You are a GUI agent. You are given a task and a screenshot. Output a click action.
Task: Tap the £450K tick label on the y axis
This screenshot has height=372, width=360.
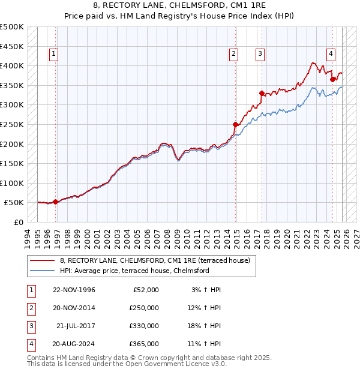tap(12, 46)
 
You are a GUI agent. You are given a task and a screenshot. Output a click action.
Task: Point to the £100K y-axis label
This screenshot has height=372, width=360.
tap(12, 183)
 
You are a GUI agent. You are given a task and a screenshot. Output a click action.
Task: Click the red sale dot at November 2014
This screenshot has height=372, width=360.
tap(235, 124)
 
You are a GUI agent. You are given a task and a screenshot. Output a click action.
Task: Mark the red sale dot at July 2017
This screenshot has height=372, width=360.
tap(262, 93)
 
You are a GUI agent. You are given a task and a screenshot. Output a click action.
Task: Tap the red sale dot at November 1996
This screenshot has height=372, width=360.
tap(56, 202)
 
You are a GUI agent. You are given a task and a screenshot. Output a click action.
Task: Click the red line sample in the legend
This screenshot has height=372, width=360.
tap(43, 260)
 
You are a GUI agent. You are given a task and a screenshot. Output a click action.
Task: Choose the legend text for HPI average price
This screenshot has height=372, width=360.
tap(134, 271)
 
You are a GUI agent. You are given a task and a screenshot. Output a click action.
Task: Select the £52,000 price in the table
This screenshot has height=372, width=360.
tap(145, 290)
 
